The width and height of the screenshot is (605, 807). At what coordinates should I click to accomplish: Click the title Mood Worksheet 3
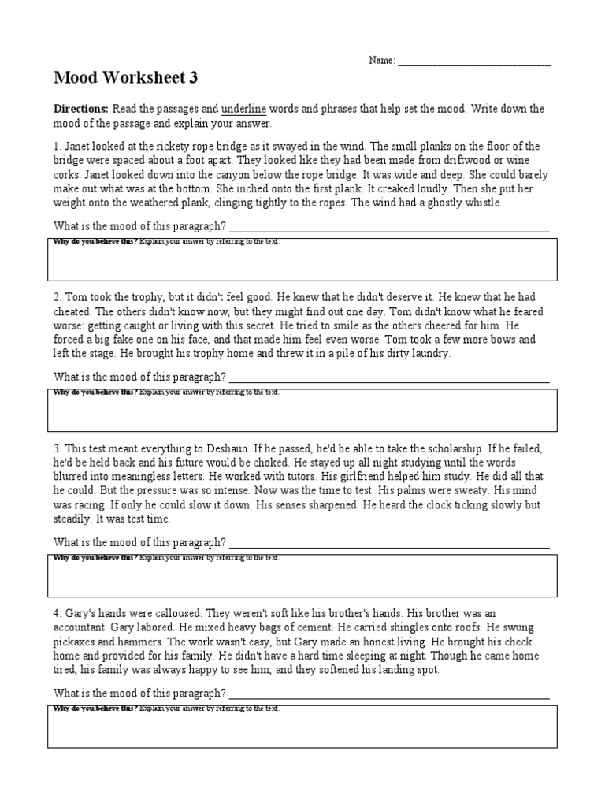(126, 77)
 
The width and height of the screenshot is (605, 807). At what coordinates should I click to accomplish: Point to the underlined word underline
(244, 109)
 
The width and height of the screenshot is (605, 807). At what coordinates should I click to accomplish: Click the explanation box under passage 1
(302, 259)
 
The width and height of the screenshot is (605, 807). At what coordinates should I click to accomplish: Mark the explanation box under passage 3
(302, 575)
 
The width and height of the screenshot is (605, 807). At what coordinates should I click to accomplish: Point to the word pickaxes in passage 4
(76, 641)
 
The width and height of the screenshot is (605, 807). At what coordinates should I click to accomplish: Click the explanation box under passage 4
(302, 726)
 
